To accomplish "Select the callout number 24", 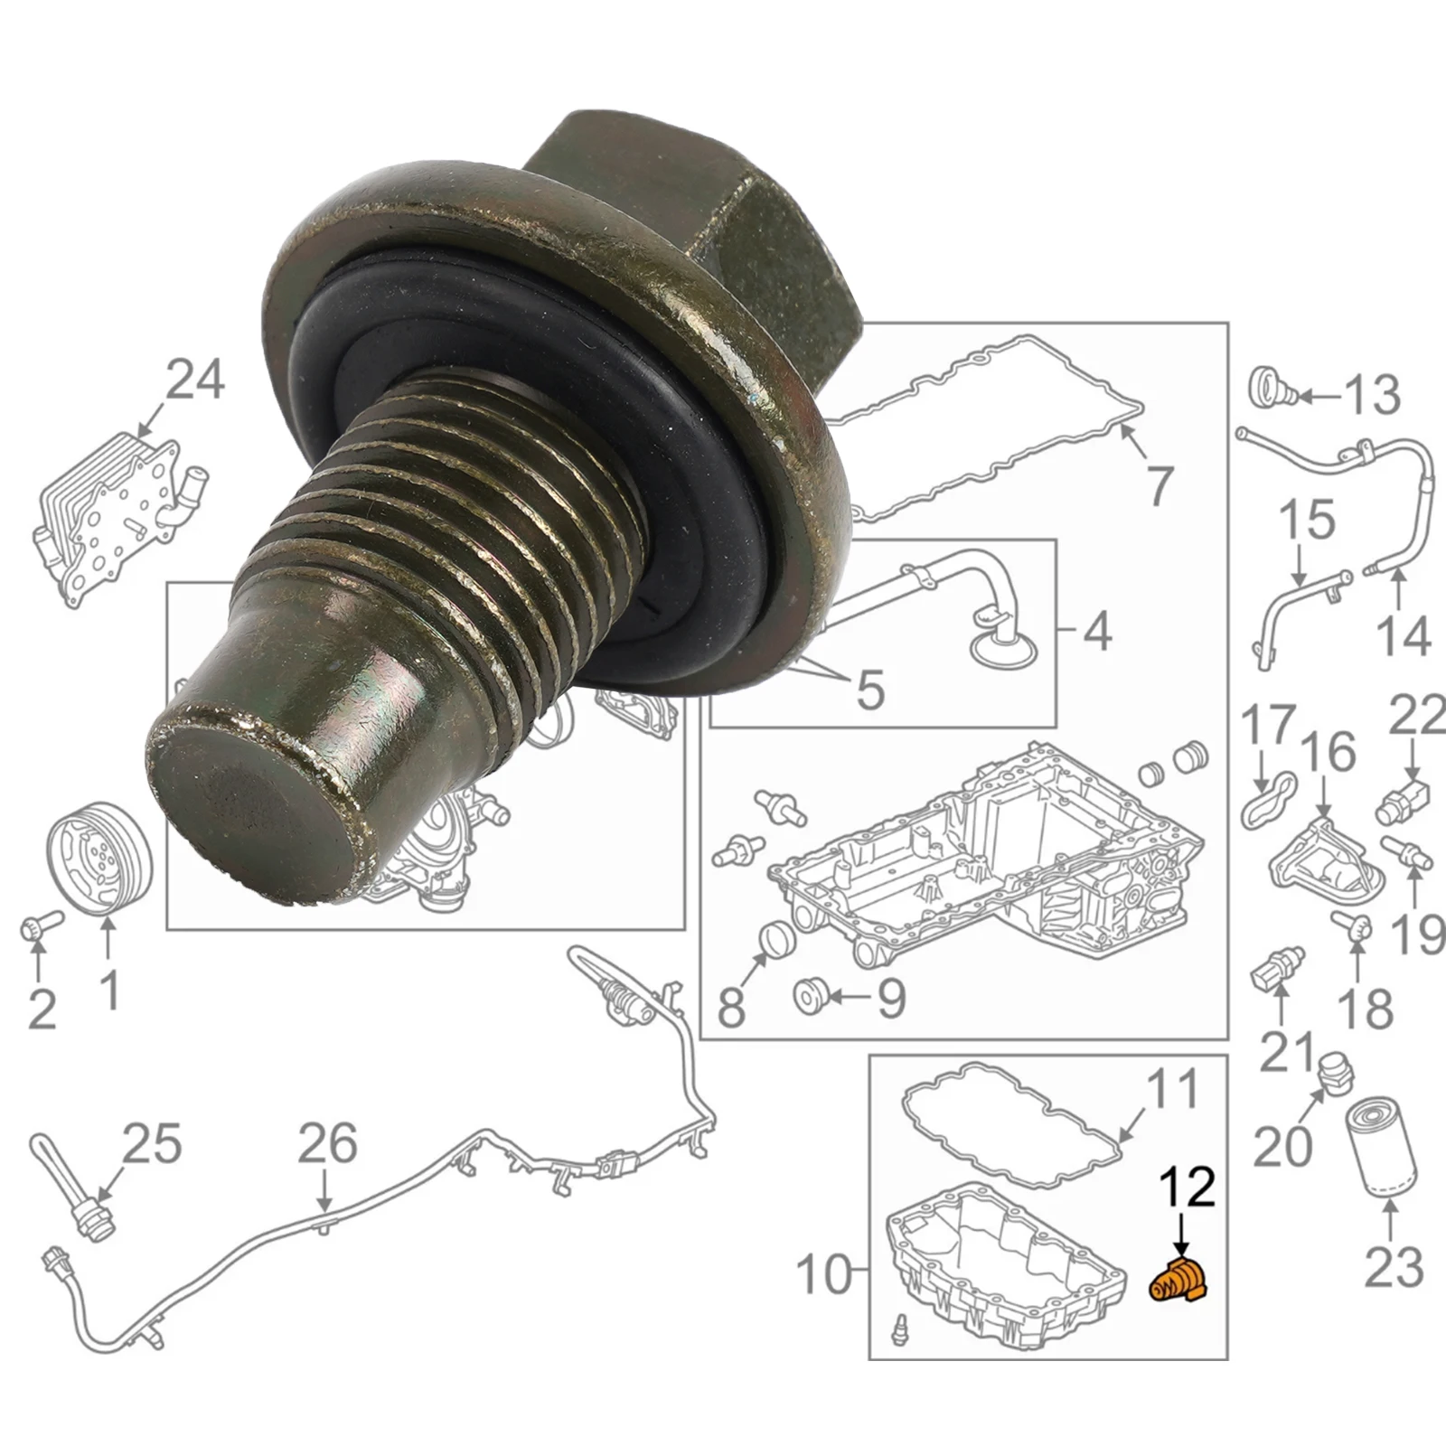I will [195, 380].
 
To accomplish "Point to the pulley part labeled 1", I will [99, 852].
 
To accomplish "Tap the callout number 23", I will [1394, 1266].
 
